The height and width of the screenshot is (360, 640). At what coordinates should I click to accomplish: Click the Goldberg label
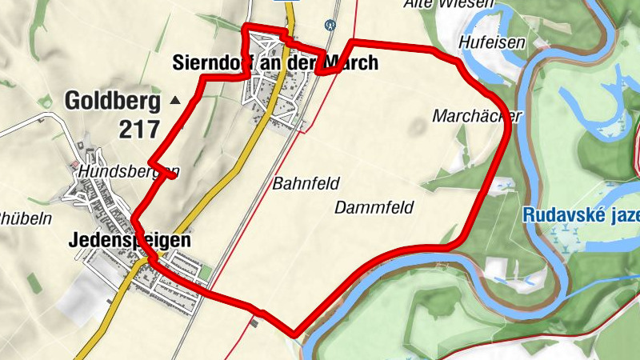112,102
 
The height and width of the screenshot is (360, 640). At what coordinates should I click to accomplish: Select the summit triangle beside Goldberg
175,101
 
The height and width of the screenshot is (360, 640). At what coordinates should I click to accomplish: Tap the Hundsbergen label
124,171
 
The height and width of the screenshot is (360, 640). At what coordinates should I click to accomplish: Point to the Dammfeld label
374,208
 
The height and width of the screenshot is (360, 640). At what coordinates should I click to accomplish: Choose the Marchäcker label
476,116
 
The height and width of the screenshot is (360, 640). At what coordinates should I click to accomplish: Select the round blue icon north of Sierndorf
328,25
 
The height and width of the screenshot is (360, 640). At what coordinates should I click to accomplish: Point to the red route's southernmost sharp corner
294,334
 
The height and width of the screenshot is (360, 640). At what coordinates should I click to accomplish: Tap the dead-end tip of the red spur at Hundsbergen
174,176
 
